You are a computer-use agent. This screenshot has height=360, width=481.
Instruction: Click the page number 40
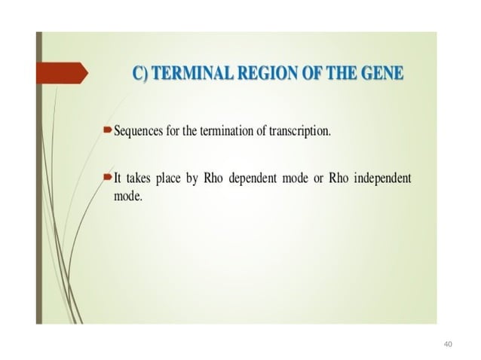449,344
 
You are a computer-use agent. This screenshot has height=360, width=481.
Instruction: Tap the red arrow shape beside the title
63,73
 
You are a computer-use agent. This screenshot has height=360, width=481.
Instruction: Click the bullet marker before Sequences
106,131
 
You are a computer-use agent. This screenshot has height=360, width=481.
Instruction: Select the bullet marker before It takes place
106,178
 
